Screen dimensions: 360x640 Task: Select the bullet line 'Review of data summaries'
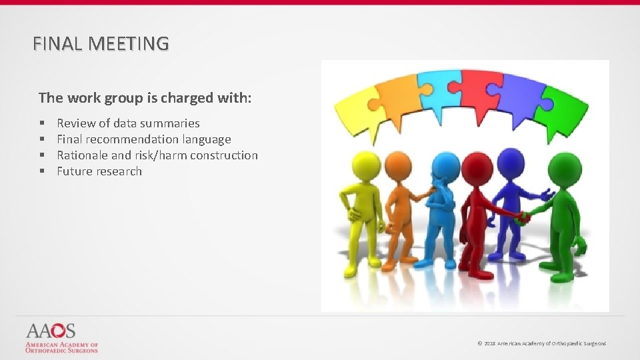point(128,123)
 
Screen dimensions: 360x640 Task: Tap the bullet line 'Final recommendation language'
point(143,139)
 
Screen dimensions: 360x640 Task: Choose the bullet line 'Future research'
point(99,171)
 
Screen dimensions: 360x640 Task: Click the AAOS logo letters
point(51,331)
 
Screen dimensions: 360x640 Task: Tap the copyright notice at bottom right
point(541,343)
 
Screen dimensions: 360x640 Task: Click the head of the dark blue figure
point(511,160)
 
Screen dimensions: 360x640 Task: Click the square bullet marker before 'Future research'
point(41,171)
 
